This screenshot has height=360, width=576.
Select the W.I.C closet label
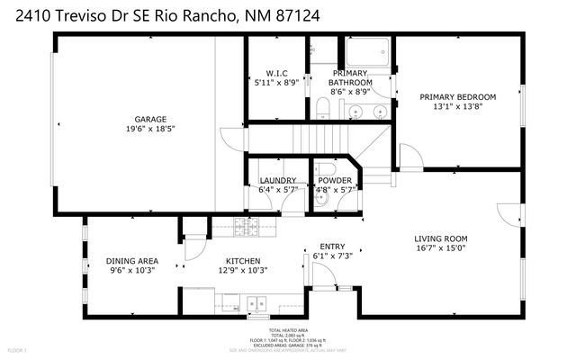(276, 73)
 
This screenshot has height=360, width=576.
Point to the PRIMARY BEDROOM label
(458, 96)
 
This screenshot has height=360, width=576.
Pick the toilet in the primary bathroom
(322, 108)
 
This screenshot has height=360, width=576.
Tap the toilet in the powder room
(328, 171)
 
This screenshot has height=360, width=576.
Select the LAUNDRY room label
(277, 180)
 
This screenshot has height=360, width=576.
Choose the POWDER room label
(335, 180)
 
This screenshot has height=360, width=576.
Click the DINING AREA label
(132, 260)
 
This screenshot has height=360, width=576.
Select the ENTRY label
(333, 246)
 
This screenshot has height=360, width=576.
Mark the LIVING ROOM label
(441, 238)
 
